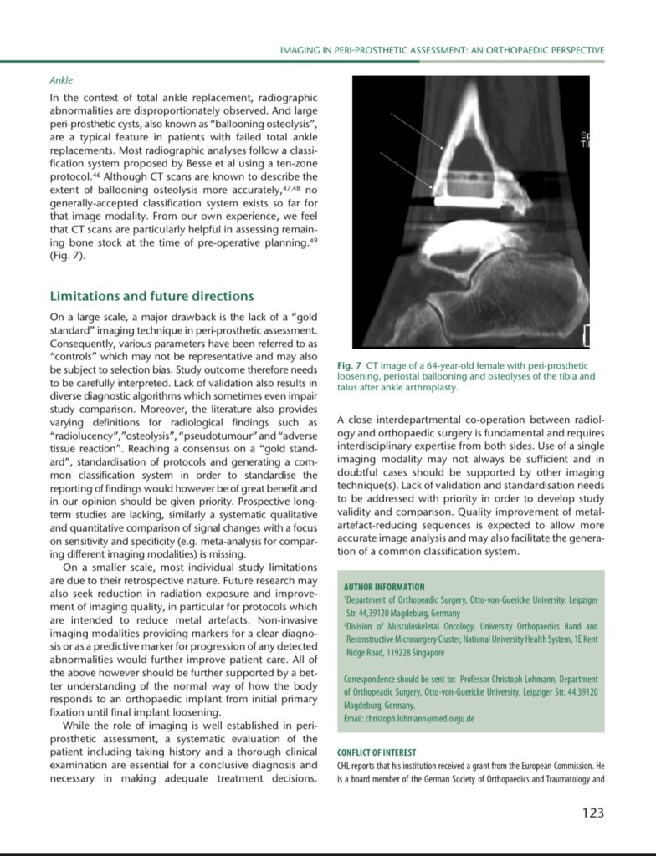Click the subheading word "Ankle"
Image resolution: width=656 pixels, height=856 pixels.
(61, 80)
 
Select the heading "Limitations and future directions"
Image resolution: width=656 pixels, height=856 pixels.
(151, 296)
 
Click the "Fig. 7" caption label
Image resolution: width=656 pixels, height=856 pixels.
(348, 366)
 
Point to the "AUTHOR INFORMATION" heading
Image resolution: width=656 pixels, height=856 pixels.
(384, 587)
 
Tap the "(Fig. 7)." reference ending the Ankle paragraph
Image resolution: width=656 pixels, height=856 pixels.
(68, 255)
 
